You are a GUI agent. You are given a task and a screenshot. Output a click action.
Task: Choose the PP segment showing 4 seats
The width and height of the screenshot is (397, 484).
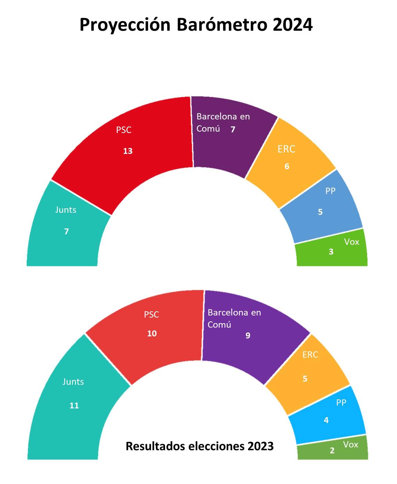pyautogui.click(x=327, y=416)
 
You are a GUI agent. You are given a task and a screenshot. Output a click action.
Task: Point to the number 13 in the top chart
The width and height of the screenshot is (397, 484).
pyautogui.click(x=128, y=151)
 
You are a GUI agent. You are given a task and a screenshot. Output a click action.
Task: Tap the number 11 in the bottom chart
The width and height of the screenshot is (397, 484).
pyautogui.click(x=74, y=406)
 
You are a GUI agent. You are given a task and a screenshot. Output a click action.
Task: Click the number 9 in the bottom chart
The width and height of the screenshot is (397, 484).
pyautogui.click(x=248, y=336)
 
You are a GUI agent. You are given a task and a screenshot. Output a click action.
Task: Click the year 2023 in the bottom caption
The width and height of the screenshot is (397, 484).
pyautogui.click(x=261, y=446)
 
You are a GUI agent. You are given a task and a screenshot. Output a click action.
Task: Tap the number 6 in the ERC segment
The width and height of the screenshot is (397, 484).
pyautogui.click(x=287, y=166)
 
